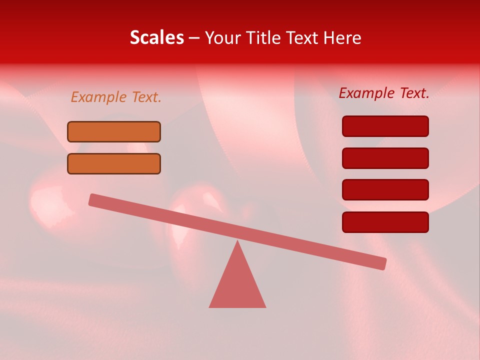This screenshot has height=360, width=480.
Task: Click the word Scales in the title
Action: tap(156, 37)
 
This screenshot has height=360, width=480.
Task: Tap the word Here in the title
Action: tap(342, 37)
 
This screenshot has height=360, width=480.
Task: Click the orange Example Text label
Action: tap(116, 97)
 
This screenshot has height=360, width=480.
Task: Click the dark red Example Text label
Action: tap(384, 92)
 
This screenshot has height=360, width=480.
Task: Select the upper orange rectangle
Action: tap(114, 131)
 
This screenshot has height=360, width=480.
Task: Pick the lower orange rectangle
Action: tap(114, 163)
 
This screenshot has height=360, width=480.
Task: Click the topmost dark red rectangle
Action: tap(385, 126)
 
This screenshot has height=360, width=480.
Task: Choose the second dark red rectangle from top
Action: tap(385, 158)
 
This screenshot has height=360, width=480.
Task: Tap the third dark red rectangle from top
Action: tap(385, 189)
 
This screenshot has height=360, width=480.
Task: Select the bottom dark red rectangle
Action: tap(385, 222)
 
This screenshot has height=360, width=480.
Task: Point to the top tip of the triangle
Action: tap(237, 242)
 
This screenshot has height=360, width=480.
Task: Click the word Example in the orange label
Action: tap(99, 97)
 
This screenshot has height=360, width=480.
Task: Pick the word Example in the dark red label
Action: tap(367, 92)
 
